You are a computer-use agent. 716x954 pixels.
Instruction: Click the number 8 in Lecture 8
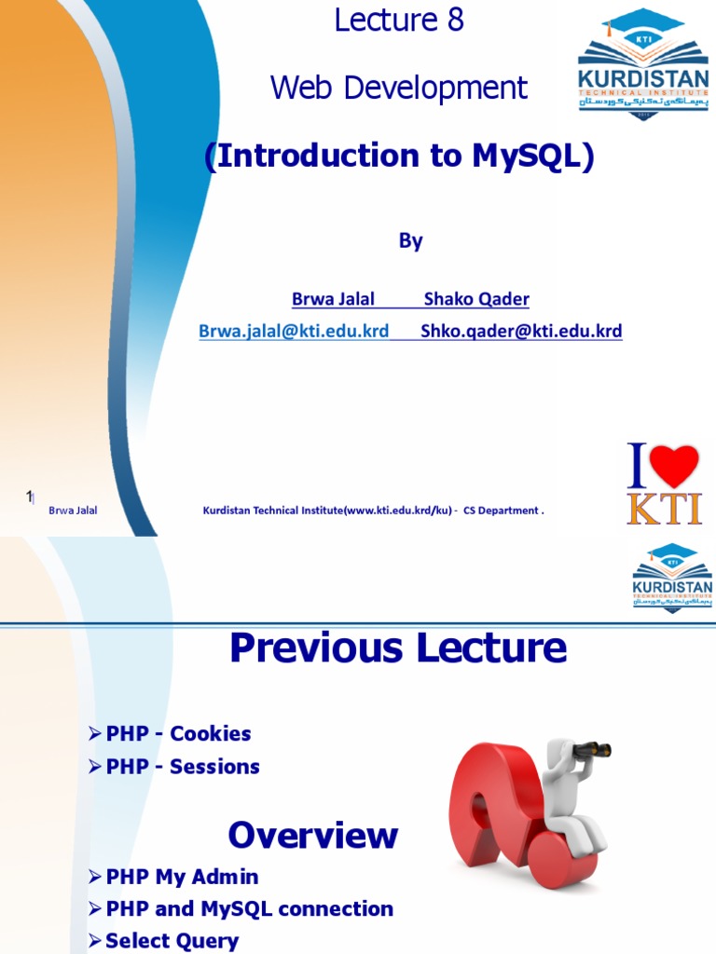[455, 20]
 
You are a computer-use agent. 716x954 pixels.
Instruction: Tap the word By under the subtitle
[411, 240]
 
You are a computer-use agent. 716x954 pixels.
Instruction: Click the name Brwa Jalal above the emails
[333, 299]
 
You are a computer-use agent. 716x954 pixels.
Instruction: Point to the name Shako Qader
[476, 299]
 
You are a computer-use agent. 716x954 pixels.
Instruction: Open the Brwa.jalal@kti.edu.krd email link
[294, 331]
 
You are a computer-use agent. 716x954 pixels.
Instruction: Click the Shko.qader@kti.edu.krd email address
[521, 331]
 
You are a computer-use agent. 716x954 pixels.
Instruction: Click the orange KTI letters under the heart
[663, 509]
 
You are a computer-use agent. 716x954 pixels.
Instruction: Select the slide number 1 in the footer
[29, 497]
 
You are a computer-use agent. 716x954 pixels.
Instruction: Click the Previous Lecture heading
[398, 648]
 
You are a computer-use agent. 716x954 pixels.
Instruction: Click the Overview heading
[312, 835]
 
